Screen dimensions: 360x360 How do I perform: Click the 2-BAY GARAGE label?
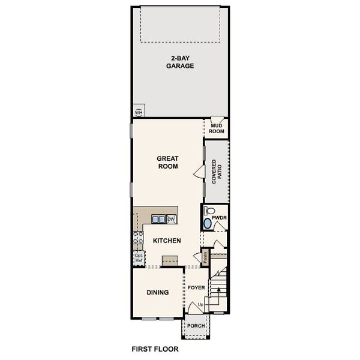[x=180, y=62]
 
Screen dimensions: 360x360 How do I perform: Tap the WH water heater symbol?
[x=139, y=112]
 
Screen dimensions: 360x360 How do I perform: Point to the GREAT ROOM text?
[x=168, y=163]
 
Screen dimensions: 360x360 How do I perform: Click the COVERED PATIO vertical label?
[x=217, y=172]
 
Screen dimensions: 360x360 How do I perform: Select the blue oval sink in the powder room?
[x=208, y=223]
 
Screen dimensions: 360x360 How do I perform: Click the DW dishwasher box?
[x=171, y=220]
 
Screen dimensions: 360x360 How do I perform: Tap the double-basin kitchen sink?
[x=158, y=220]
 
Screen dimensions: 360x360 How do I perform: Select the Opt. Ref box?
[x=139, y=259]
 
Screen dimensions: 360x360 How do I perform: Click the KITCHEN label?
[x=167, y=241]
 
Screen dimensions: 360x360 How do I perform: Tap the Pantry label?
[x=205, y=257]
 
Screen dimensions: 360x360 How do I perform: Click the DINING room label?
[x=157, y=293]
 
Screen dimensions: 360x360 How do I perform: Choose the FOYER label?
[x=196, y=288]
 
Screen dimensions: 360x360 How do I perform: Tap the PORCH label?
[x=196, y=326]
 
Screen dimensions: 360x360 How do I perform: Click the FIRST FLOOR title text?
[x=155, y=348]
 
